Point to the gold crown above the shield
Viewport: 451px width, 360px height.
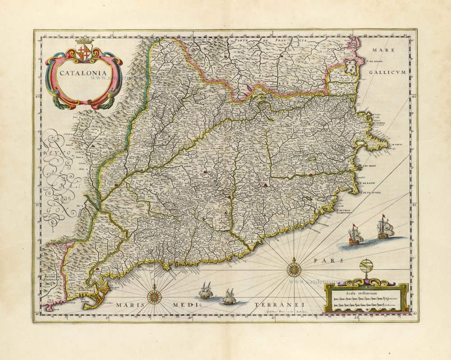(x=85, y=41)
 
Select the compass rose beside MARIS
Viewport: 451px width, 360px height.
(x=154, y=296)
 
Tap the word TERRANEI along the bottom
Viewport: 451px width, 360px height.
(x=276, y=305)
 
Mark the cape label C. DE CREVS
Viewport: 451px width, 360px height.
(x=395, y=144)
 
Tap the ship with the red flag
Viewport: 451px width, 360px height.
(x=354, y=235)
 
